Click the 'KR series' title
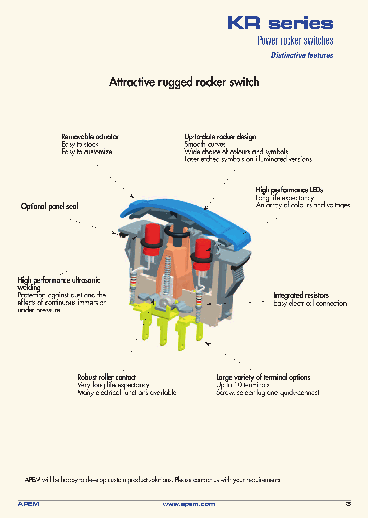point(280,23)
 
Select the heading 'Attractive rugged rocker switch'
point(184,82)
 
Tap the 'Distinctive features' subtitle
point(302,55)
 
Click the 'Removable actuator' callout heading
point(90,137)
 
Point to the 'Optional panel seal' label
point(50,206)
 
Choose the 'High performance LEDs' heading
point(289,190)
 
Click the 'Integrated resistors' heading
point(301,295)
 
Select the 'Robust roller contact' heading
point(106,377)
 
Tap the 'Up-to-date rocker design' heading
point(220,137)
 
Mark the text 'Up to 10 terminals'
point(242,385)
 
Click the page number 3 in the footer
point(348,504)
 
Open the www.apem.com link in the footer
point(189,504)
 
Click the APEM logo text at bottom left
point(29,504)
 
